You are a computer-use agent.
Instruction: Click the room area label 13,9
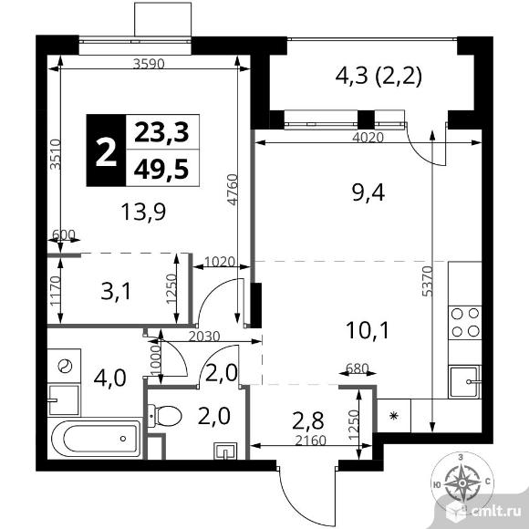point(143,212)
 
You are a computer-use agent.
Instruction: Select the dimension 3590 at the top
point(149,64)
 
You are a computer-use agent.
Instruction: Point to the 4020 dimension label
point(368,138)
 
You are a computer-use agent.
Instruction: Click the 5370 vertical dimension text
point(427,281)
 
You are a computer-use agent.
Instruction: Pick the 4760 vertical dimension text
point(233,190)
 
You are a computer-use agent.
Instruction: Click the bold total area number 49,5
point(161,169)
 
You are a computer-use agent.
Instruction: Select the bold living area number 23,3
point(161,132)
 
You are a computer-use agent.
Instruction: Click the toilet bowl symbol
point(165,416)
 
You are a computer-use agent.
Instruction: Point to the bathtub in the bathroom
point(97,438)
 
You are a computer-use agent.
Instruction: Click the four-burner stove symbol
point(465,323)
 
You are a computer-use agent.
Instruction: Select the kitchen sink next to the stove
point(465,381)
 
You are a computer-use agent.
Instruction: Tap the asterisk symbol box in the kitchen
point(393,416)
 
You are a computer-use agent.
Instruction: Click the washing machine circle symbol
point(65,366)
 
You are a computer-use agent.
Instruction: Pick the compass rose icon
point(462,483)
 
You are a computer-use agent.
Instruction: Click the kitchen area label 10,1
point(368,330)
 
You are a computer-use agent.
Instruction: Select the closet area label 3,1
point(116,292)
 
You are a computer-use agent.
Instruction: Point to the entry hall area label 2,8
point(308,420)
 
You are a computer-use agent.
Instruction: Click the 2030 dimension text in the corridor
point(204,337)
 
